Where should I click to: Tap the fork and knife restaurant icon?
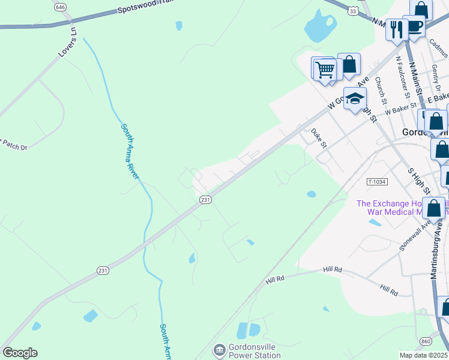(396, 29)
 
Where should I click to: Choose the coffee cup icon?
(414, 26)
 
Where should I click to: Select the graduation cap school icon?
(355, 98)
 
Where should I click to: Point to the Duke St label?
(319, 138)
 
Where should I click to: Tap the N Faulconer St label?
(402, 77)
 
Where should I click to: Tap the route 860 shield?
(426, 341)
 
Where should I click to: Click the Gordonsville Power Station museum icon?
(219, 349)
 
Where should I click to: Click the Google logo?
(20, 352)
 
